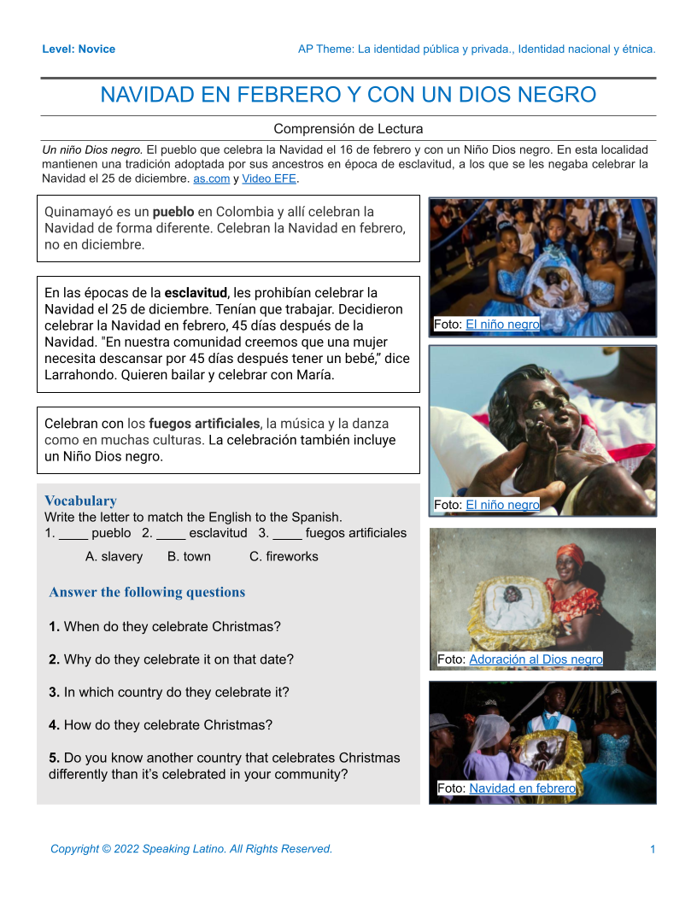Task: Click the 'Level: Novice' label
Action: (79, 49)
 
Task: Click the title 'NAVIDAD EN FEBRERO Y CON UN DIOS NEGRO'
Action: (348, 95)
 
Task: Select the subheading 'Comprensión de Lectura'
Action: (348, 129)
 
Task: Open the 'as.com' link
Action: (211, 179)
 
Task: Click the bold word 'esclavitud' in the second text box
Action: (196, 293)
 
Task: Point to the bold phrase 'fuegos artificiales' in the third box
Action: (204, 424)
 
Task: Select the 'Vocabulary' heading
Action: (80, 501)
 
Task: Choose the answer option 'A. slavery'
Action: (114, 556)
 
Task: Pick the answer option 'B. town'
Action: (189, 556)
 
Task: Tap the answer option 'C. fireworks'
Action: (284, 556)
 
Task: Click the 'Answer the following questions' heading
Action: (147, 592)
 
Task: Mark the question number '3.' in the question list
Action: (55, 692)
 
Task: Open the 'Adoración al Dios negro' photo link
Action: (536, 659)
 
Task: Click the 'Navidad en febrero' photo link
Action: (522, 788)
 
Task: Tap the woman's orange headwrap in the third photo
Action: (570, 557)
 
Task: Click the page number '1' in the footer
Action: (653, 849)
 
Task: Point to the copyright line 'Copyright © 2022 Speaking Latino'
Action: (191, 849)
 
